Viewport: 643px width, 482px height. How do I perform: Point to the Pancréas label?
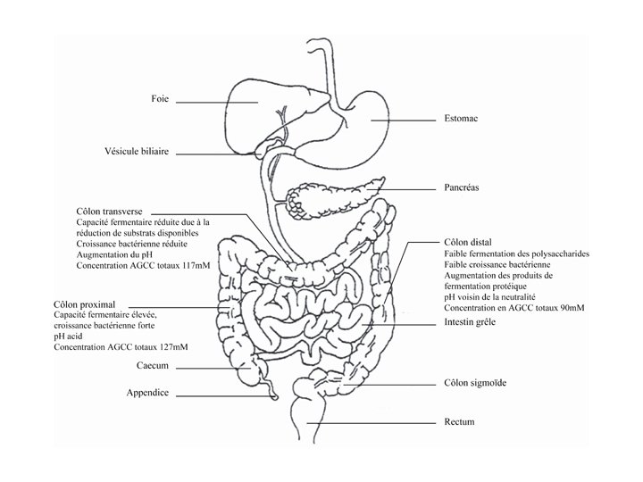pos(463,188)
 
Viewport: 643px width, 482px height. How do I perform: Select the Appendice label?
pos(147,393)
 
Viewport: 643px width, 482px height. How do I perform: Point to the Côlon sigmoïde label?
pos(475,383)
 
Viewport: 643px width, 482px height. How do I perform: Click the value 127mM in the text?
pos(178,347)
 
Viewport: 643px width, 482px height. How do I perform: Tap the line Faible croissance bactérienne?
pos(497,264)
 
